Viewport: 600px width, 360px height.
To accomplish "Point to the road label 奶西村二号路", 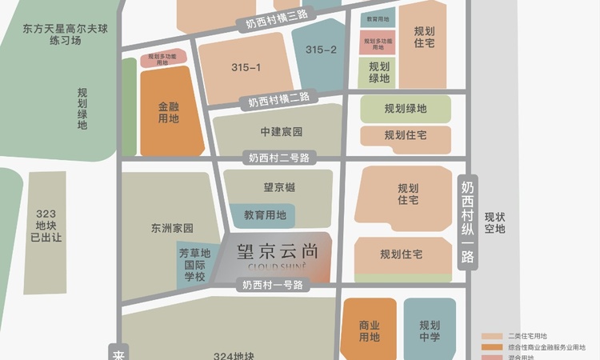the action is [x=278, y=158].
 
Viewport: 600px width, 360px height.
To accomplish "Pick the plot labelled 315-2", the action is [x=321, y=50].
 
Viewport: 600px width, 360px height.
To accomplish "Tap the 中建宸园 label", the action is [x=282, y=130].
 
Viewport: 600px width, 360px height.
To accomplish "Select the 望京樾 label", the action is [x=279, y=188].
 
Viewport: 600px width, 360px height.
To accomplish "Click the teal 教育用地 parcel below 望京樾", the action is [x=265, y=214].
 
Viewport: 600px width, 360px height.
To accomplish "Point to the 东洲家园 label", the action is [x=172, y=228].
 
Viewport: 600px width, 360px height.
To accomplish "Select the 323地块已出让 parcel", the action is [x=46, y=225].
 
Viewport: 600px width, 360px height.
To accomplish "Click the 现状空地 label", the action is [x=500, y=222].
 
